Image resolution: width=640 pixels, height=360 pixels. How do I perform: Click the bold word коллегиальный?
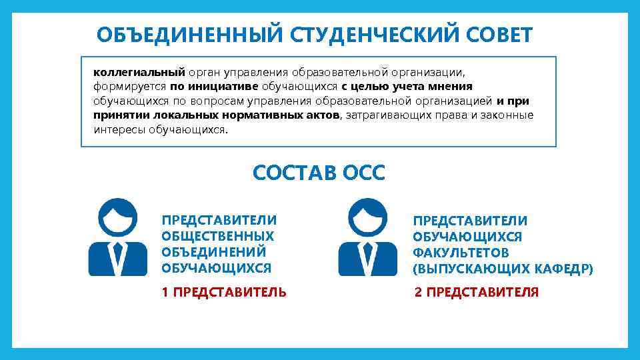(x=138, y=71)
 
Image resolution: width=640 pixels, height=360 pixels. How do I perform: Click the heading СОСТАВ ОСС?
(x=319, y=173)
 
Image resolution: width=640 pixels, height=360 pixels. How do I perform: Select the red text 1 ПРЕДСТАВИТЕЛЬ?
(x=224, y=292)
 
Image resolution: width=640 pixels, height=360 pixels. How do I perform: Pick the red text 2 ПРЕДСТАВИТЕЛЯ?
(x=476, y=292)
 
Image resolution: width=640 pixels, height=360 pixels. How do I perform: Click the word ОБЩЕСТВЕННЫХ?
(x=217, y=236)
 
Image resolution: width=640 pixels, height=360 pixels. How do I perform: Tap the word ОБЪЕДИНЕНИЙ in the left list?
(x=213, y=252)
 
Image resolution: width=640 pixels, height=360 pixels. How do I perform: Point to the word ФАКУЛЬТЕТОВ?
(x=461, y=253)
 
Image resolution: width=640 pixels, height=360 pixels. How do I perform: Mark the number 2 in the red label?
(x=418, y=292)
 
